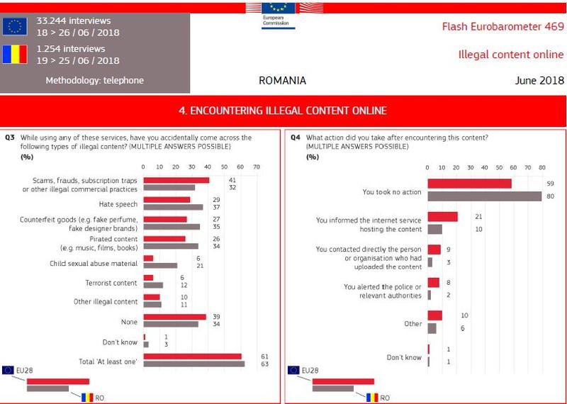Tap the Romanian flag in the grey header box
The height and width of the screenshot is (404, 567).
[x=14, y=55]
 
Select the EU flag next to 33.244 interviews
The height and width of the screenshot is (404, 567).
[x=14, y=26]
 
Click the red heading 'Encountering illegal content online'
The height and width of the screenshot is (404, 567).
[x=283, y=111]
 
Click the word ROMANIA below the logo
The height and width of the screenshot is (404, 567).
[x=283, y=81]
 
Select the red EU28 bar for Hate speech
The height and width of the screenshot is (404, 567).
[x=167, y=200]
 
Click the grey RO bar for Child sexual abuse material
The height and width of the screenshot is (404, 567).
[x=160, y=266]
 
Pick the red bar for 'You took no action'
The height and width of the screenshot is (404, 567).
[x=469, y=184]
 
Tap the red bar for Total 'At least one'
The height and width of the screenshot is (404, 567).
[x=192, y=357]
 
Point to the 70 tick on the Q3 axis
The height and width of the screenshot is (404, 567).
[x=256, y=167]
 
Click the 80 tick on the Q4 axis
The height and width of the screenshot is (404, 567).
[x=541, y=167]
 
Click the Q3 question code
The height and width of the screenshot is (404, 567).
[x=10, y=138]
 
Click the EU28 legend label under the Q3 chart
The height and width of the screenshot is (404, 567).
[x=25, y=370]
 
